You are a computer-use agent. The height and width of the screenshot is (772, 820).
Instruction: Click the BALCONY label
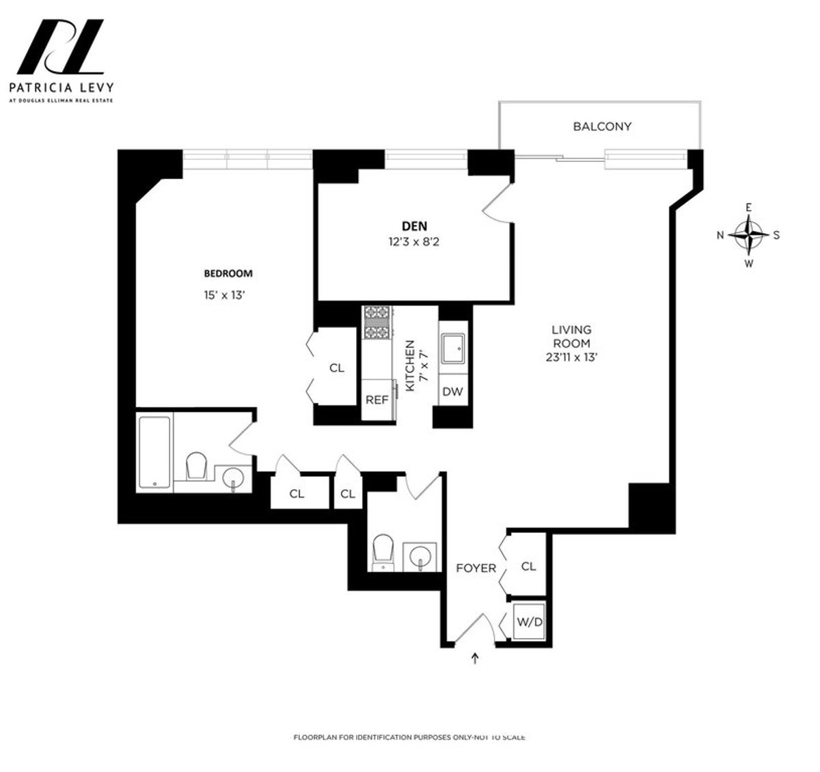click(x=602, y=126)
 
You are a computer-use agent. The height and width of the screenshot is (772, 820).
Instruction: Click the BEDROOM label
click(x=228, y=273)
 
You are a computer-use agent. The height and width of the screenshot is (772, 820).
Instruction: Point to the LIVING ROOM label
click(x=571, y=337)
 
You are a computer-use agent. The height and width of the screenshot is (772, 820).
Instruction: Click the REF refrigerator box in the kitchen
click(x=377, y=400)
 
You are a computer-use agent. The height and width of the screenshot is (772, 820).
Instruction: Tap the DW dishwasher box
click(x=452, y=391)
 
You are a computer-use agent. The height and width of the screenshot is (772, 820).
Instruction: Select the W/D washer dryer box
click(x=529, y=622)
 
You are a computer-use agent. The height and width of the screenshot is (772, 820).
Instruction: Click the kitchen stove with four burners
click(x=377, y=322)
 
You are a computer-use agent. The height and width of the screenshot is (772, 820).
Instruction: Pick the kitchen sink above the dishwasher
click(x=452, y=349)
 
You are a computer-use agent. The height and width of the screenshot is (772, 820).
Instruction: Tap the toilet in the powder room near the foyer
click(x=383, y=552)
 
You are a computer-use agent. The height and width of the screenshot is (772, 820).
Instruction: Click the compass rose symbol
click(x=750, y=234)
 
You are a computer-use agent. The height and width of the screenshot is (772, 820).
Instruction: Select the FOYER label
click(x=476, y=568)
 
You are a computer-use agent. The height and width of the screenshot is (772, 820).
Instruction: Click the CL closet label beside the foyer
click(x=528, y=566)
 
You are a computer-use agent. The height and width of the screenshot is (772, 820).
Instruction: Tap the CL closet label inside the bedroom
click(x=336, y=368)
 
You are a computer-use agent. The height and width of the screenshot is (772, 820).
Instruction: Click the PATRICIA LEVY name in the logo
click(x=61, y=87)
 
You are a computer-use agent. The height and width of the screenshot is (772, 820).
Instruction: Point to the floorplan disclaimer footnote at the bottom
click(x=409, y=737)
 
